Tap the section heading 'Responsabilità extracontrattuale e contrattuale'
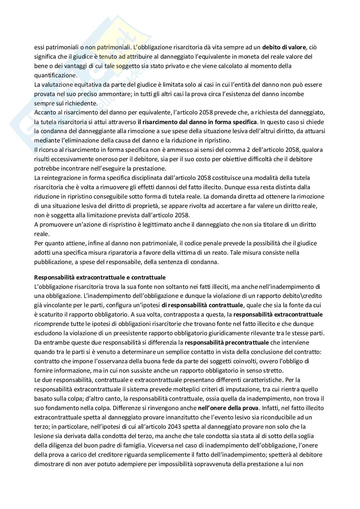(x=100, y=277)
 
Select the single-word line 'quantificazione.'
(x=56, y=75)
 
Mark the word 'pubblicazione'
(x=51, y=262)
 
